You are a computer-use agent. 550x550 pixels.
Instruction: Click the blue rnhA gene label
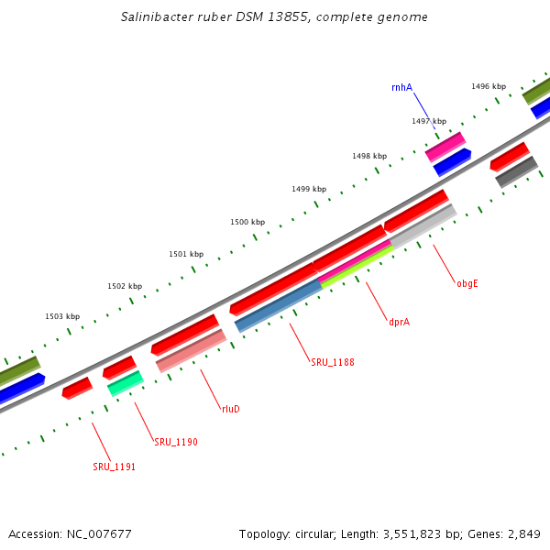coord(401,88)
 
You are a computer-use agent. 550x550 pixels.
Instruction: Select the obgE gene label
coord(467,283)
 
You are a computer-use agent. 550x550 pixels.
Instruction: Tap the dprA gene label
coord(399,322)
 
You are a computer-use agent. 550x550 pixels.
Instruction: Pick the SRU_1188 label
coord(332,362)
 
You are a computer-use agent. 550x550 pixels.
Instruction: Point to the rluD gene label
coord(230,409)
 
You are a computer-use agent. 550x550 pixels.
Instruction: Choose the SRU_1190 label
coord(176,442)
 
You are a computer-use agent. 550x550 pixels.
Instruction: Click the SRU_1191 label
coord(114,467)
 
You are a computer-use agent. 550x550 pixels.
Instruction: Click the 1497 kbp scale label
coord(429,121)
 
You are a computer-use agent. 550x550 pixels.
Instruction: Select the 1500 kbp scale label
coord(247,222)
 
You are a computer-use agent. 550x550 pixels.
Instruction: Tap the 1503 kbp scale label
coord(62,316)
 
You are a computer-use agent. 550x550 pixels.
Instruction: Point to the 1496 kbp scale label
coord(489,86)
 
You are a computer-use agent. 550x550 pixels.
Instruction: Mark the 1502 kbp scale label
coord(125,286)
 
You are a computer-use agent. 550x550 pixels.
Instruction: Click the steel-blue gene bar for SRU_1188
coord(279,306)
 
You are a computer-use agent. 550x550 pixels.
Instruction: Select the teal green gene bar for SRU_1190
coord(126,382)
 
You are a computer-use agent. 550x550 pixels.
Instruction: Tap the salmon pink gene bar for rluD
coord(192,351)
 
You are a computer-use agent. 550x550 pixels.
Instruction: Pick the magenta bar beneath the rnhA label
coord(445,146)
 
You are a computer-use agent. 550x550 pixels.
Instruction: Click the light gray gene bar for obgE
coord(423,225)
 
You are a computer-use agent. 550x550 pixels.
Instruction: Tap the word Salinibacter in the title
coord(156,17)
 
